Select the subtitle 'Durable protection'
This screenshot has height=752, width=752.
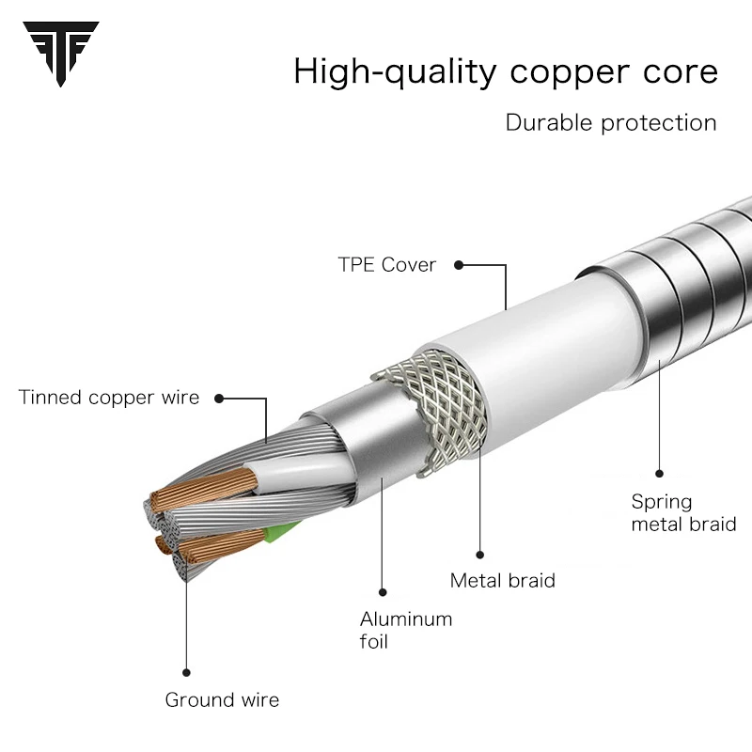(611, 122)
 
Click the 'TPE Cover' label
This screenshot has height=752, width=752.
(387, 265)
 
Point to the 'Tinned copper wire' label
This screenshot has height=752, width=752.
(109, 398)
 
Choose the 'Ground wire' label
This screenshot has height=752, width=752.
(222, 699)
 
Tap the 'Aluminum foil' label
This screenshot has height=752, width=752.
(406, 631)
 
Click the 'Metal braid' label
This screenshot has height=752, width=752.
(503, 581)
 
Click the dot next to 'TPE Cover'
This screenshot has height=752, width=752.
(459, 265)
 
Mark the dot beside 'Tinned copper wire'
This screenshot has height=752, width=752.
(220, 398)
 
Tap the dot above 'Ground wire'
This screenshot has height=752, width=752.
(186, 672)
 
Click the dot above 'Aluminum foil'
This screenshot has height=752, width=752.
(384, 591)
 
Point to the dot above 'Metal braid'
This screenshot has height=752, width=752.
(480, 555)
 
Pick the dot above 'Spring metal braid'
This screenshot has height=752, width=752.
(660, 474)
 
